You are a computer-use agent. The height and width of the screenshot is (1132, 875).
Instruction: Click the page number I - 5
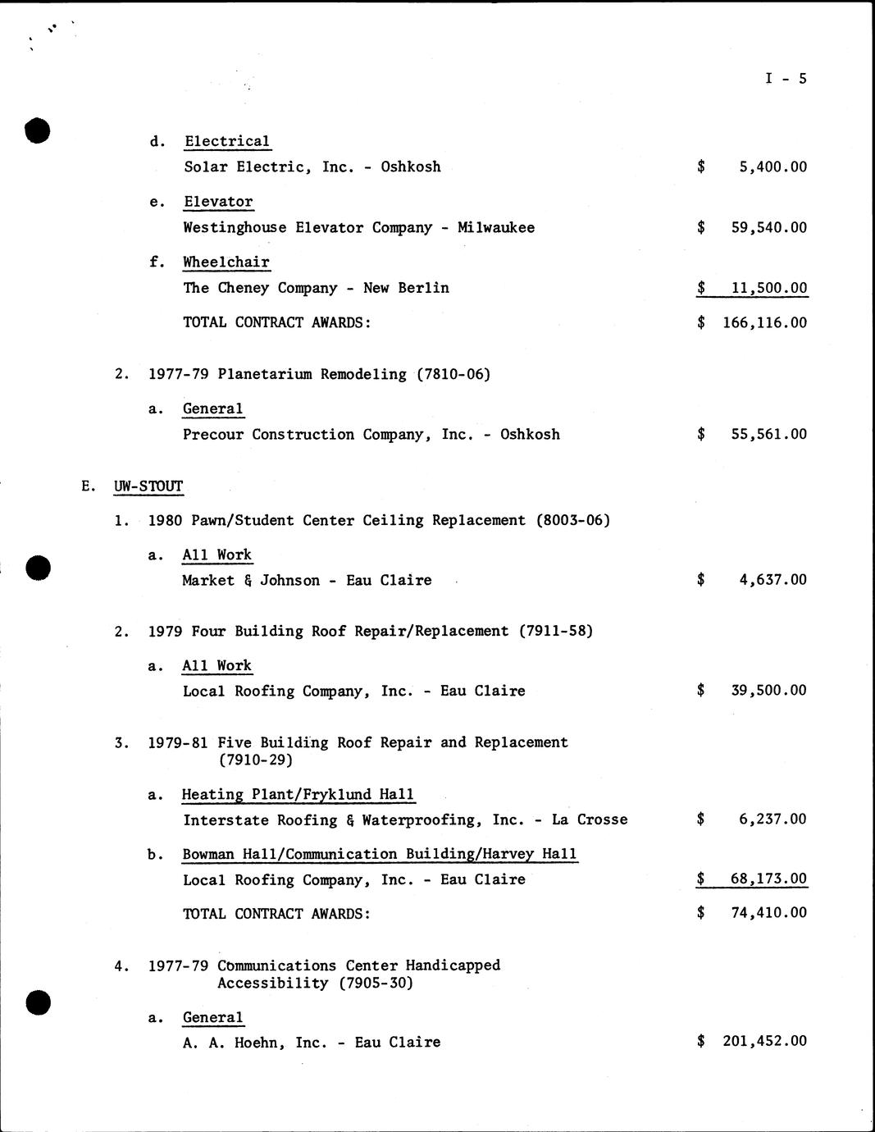click(786, 79)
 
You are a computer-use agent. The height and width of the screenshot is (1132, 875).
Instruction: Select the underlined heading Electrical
click(227, 141)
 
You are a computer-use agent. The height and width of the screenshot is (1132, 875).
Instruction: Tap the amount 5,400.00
click(772, 167)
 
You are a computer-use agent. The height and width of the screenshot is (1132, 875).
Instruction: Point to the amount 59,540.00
click(768, 228)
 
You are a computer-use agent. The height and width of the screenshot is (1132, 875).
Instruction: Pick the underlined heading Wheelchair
click(226, 262)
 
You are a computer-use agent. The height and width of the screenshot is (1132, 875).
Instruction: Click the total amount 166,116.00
click(764, 323)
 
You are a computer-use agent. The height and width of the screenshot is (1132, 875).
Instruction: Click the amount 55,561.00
click(768, 435)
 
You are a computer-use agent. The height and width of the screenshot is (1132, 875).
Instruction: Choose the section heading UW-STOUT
click(148, 486)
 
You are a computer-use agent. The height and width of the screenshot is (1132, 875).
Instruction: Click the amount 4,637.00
click(772, 580)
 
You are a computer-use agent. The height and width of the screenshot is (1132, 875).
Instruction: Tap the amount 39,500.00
click(768, 691)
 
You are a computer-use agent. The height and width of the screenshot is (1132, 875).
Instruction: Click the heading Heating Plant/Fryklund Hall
click(299, 795)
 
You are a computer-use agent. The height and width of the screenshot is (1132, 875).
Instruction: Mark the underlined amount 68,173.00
click(768, 879)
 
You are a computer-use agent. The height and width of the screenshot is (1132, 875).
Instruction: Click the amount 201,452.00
click(764, 1042)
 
